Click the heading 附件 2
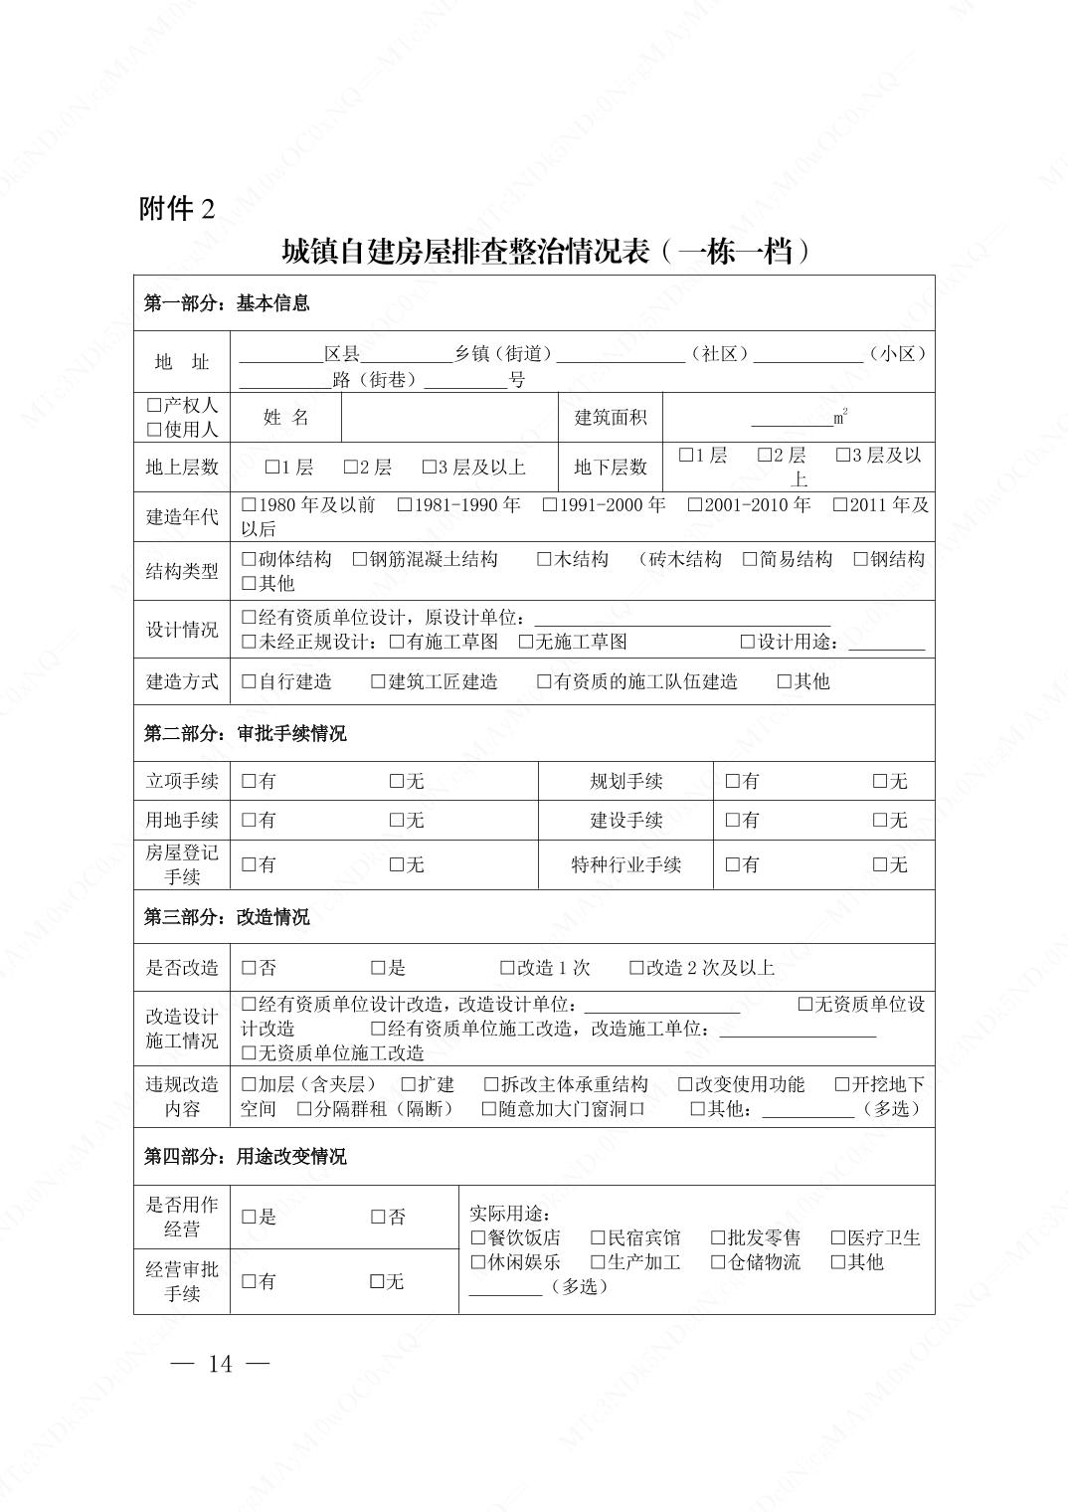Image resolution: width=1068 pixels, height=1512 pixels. coord(177,209)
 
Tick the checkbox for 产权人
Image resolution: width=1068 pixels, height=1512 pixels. coord(153,406)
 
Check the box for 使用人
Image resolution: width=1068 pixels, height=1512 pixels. coord(153,430)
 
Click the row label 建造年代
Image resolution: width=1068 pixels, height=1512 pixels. coord(182,517)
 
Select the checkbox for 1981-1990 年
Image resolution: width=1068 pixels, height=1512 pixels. coord(405,505)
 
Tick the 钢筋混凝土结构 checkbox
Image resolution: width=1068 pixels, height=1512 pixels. coord(360,560)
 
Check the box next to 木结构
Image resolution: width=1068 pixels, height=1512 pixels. coord(544,560)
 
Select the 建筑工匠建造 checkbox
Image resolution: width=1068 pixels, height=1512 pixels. coord(378,682)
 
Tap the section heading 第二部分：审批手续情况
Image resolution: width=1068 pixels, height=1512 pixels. coord(245,734)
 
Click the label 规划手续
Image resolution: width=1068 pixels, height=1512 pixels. coord(625,782)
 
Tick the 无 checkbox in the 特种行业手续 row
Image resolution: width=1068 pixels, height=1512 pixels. coord(880,865)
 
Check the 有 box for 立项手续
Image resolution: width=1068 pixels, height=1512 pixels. coord(249,782)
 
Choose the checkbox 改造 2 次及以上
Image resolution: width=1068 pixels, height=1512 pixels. coord(636,968)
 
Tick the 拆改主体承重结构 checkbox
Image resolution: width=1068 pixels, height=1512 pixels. coord(491,1084)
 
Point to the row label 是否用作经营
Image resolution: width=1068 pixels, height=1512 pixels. coord(182,1217)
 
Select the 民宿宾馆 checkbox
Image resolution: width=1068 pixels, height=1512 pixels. coord(598,1238)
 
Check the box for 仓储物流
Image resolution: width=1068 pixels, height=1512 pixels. coord(718,1262)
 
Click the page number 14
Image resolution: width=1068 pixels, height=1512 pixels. coord(221,1364)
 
